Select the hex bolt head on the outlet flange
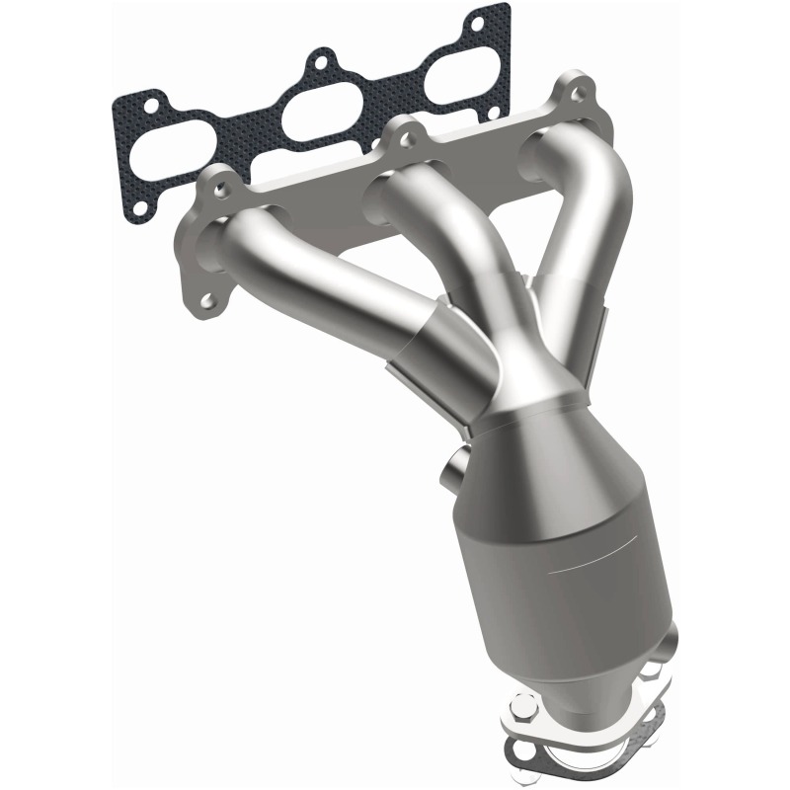[x=524, y=707]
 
